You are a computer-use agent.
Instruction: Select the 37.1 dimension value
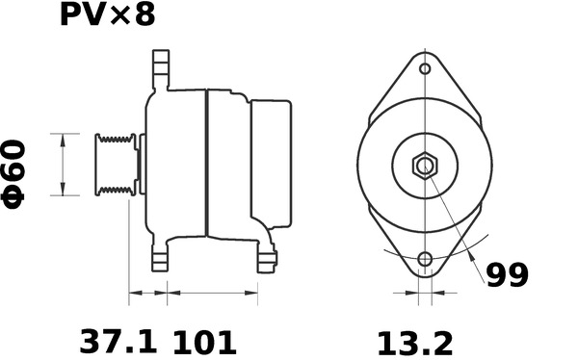[x=117, y=342]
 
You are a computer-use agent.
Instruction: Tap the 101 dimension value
[x=203, y=342]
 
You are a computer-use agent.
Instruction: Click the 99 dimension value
[x=506, y=276]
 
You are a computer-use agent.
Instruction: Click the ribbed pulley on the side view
[x=114, y=165]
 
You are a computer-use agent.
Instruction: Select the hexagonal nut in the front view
[x=424, y=166]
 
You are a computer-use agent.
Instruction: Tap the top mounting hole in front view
[x=424, y=69]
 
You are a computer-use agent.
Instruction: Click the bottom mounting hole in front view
[x=424, y=259]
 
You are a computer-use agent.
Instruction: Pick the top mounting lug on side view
[x=159, y=68]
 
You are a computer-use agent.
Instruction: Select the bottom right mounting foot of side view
[x=267, y=258]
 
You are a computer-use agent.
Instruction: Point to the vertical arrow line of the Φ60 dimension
[x=64, y=164]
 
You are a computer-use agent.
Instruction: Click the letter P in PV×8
[x=73, y=16]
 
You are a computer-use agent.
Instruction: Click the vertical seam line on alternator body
[x=206, y=164]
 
